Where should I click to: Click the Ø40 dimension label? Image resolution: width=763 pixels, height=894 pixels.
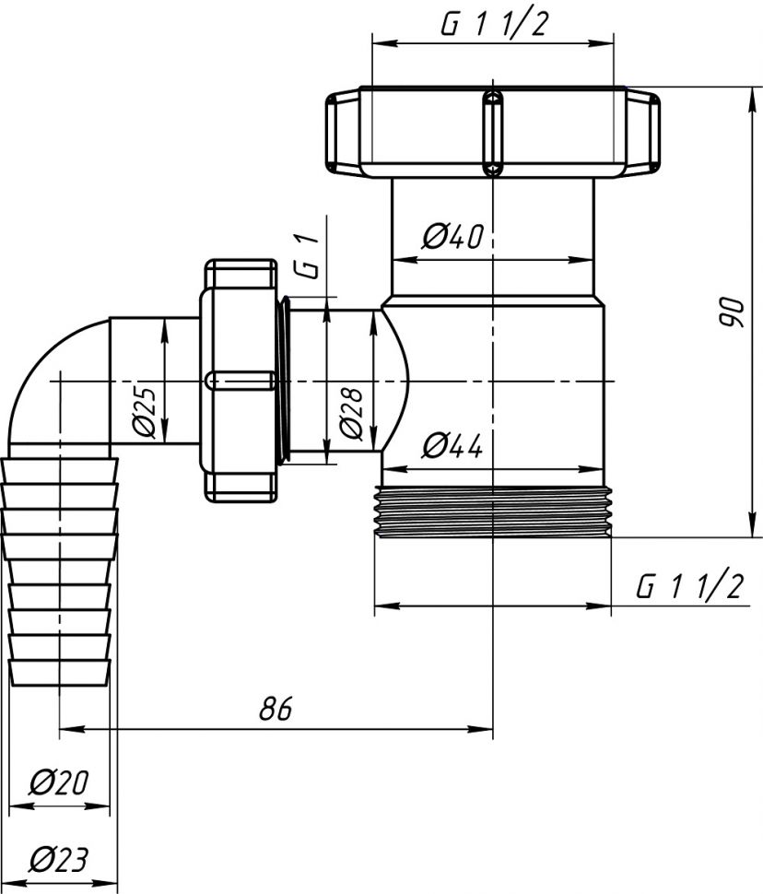pyautogui.click(x=452, y=237)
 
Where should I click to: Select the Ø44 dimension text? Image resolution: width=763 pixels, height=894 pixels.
pyautogui.click(x=452, y=447)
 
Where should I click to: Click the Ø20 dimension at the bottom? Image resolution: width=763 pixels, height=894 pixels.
pyautogui.click(x=57, y=783)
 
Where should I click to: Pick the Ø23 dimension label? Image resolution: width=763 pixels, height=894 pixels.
pyautogui.click(x=57, y=860)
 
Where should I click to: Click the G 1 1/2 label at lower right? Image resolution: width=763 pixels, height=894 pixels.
pyautogui.click(x=689, y=585)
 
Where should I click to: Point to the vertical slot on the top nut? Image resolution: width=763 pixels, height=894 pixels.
pyautogui.click(x=494, y=131)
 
